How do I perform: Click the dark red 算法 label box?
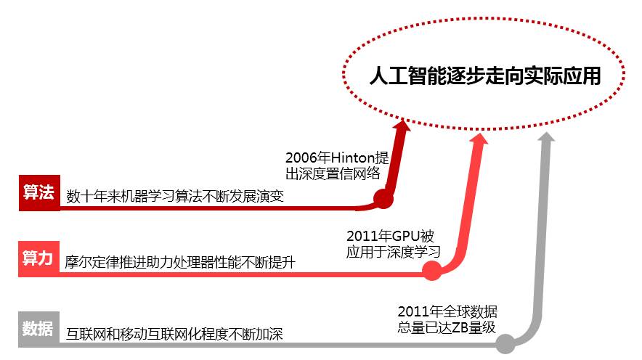click(38, 192)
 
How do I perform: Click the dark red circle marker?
click(383, 198)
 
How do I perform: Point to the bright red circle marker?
click(432, 271)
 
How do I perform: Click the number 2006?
click(301, 157)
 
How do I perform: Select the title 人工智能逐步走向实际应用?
click(485, 75)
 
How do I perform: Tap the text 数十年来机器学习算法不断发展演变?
click(175, 196)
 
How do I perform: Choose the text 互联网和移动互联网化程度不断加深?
click(174, 334)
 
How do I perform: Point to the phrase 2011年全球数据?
click(447, 311)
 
